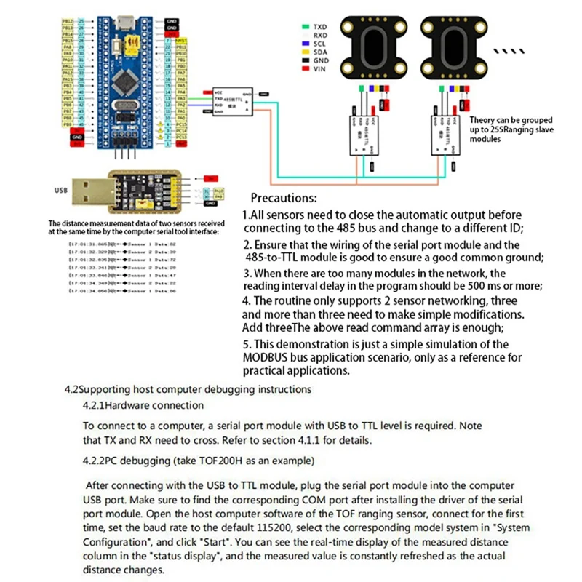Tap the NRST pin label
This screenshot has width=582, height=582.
pos(182,40)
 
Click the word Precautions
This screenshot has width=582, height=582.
pos(284,198)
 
